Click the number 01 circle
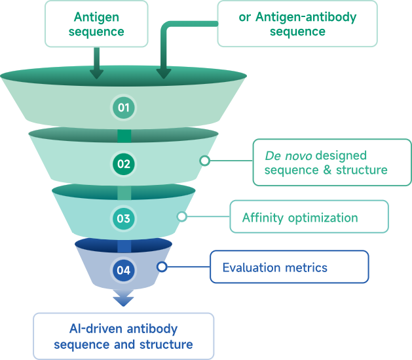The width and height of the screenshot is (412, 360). (123, 107)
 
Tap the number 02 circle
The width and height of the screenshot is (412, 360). (123, 163)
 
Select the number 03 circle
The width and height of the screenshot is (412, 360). (123, 218)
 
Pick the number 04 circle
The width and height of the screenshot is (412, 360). (123, 269)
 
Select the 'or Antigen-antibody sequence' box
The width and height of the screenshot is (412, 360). (297, 24)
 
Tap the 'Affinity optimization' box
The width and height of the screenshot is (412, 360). (309, 217)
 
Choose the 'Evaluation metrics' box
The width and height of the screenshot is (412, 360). (289, 267)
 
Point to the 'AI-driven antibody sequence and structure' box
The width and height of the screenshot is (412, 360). (123, 335)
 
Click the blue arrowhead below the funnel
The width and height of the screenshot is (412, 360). (123, 300)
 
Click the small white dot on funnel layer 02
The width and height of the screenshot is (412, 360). (204, 160)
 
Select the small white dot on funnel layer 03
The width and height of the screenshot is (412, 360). (181, 216)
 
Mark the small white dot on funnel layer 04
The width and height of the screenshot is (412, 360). (162, 266)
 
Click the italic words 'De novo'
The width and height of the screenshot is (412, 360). (288, 155)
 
